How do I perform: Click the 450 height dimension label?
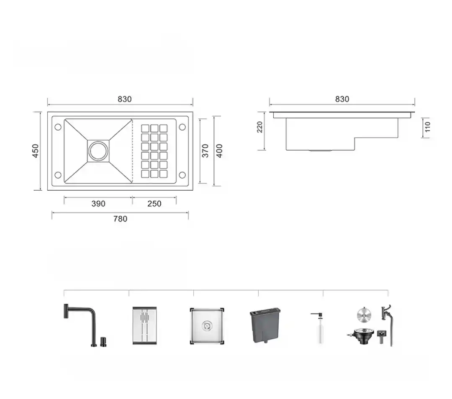[x=35, y=151]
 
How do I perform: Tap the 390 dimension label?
[x=98, y=204]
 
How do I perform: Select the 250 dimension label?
[x=154, y=204]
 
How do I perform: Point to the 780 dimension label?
[x=120, y=219]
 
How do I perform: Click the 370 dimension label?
[x=205, y=151]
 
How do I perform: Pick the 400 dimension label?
[x=219, y=151]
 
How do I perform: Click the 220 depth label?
[x=260, y=127]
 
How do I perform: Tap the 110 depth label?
[x=427, y=127]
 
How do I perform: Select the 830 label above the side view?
[x=342, y=99]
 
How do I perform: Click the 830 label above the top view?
[x=125, y=99]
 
